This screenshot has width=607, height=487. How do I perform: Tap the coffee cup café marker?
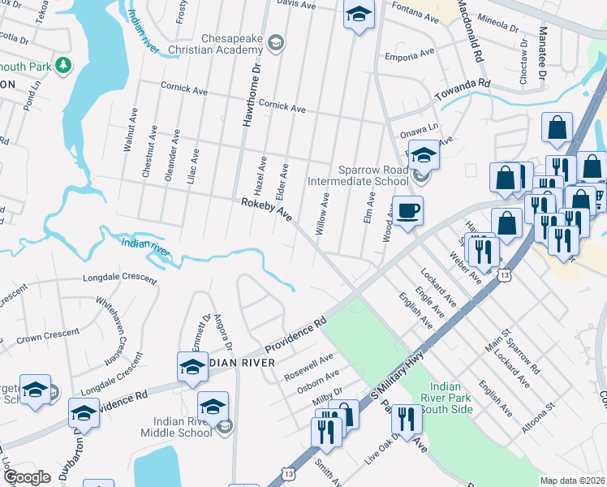tap(407, 211)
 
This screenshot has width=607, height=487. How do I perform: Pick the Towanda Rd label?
tap(463, 90)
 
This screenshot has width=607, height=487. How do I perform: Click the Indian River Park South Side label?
tap(448, 399)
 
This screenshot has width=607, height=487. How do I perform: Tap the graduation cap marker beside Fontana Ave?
tap(358, 15)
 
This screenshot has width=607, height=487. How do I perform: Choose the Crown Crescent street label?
tap(48, 334)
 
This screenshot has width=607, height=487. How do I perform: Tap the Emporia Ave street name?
tap(410, 56)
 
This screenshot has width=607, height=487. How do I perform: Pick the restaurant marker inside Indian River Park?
tap(407, 419)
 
